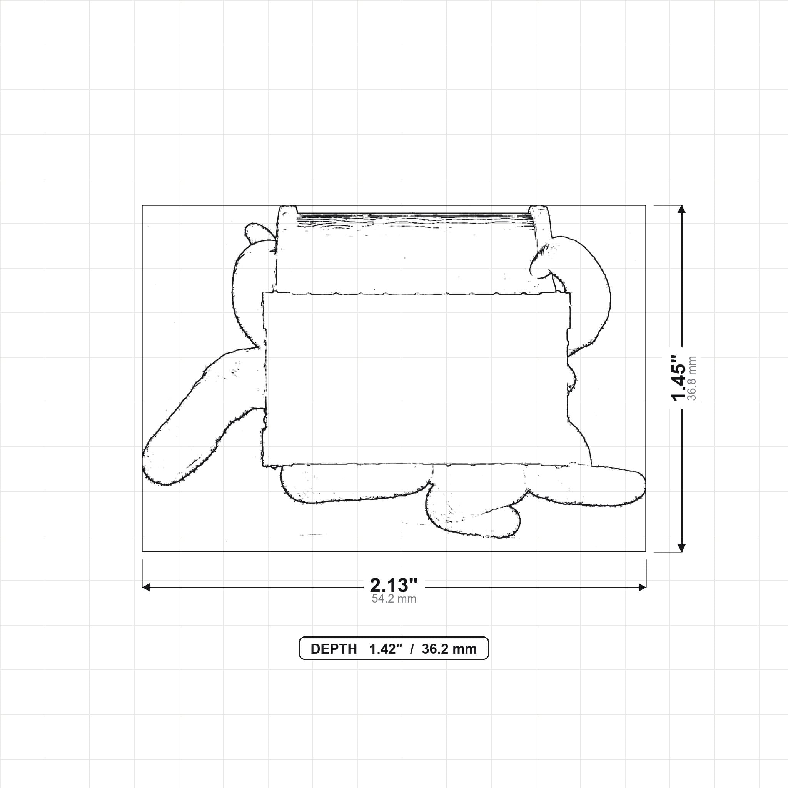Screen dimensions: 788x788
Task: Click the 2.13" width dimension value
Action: (394, 586)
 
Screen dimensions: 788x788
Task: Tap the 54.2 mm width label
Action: (394, 599)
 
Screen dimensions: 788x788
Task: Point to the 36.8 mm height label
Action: (692, 378)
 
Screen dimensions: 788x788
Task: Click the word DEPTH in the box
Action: (334, 649)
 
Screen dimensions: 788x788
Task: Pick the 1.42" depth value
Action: (386, 649)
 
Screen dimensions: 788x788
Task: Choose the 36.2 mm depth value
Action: (449, 649)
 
